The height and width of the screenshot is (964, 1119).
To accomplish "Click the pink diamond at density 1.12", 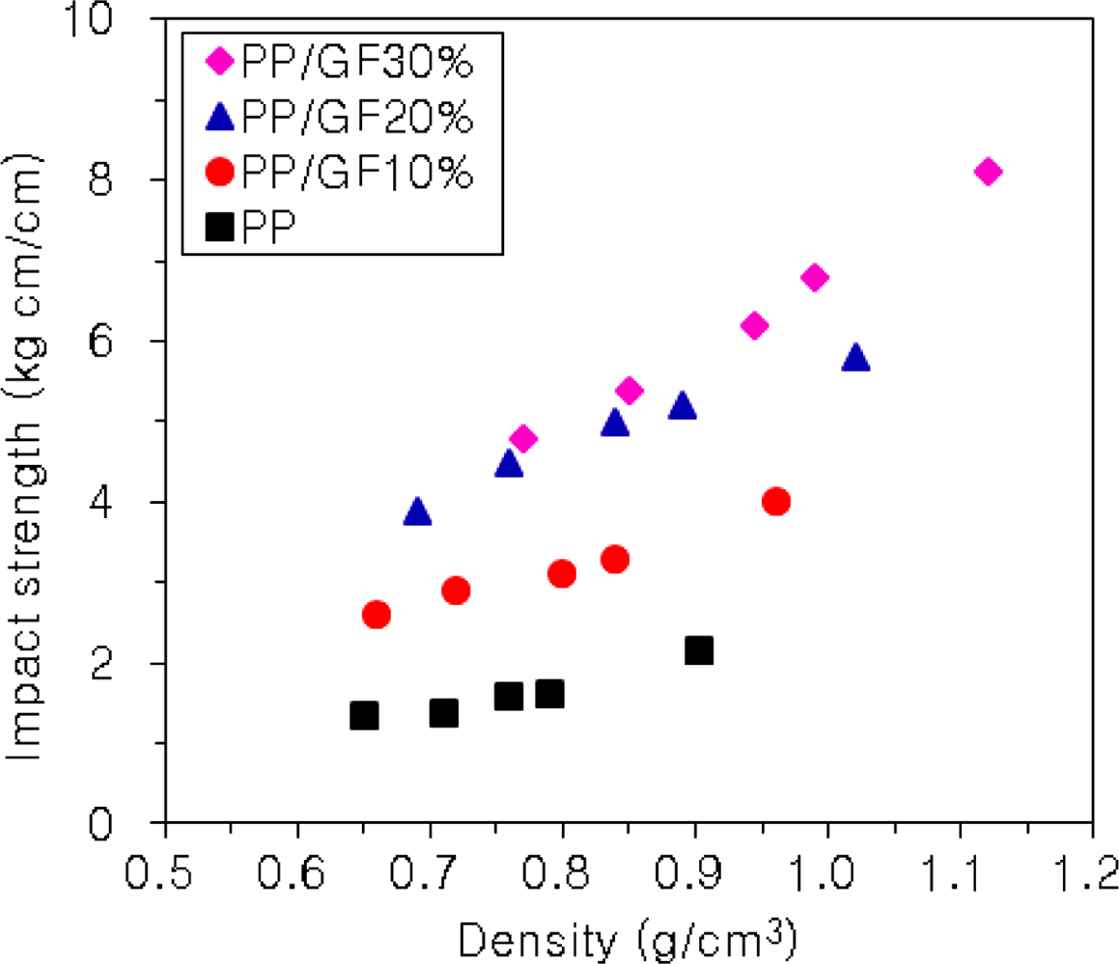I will click(x=987, y=172).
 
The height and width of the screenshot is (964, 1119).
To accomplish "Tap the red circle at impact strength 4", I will click(x=775, y=502).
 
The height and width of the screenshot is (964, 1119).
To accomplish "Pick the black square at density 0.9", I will click(x=698, y=649).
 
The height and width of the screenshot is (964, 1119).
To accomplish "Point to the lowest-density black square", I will click(x=364, y=715).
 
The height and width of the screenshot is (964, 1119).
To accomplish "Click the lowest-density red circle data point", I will click(x=377, y=614).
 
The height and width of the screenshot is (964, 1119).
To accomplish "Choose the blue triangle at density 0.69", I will click(x=417, y=511).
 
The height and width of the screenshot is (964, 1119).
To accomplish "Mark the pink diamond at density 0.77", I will click(x=522, y=439).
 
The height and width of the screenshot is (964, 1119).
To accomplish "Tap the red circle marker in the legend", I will click(x=221, y=174).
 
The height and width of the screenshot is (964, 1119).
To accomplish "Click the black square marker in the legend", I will click(x=221, y=228).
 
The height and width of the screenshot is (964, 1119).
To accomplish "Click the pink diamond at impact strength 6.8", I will click(x=814, y=278).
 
